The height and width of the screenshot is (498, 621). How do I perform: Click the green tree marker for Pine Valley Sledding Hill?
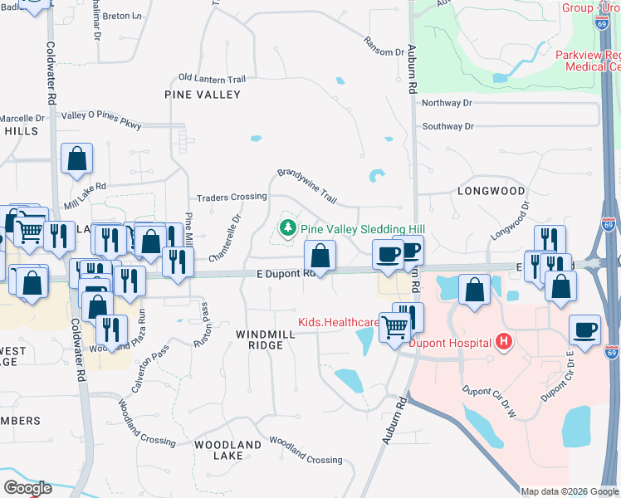pos(288,227)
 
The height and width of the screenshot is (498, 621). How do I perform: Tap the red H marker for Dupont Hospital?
pos(501,340)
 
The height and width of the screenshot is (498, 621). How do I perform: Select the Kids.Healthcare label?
pos(339,322)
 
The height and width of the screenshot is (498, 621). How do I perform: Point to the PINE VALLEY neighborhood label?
pos(203,95)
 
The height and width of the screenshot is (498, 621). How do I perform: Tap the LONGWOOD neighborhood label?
pos(491,191)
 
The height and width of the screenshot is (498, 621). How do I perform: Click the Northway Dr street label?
pos(447,103)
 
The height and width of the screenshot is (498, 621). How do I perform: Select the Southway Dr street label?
pos(447,126)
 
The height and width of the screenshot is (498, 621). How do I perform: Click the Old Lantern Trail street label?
pos(212,79)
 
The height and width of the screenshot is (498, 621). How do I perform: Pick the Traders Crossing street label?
pos(232,197)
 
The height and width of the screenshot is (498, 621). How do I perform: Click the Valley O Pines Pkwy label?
pos(101,120)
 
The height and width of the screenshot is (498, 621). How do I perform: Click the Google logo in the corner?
pos(27,488)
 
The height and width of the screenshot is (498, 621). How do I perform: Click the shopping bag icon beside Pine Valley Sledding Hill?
pos(320,255)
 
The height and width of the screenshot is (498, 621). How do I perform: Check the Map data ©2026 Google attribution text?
pos(570,491)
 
